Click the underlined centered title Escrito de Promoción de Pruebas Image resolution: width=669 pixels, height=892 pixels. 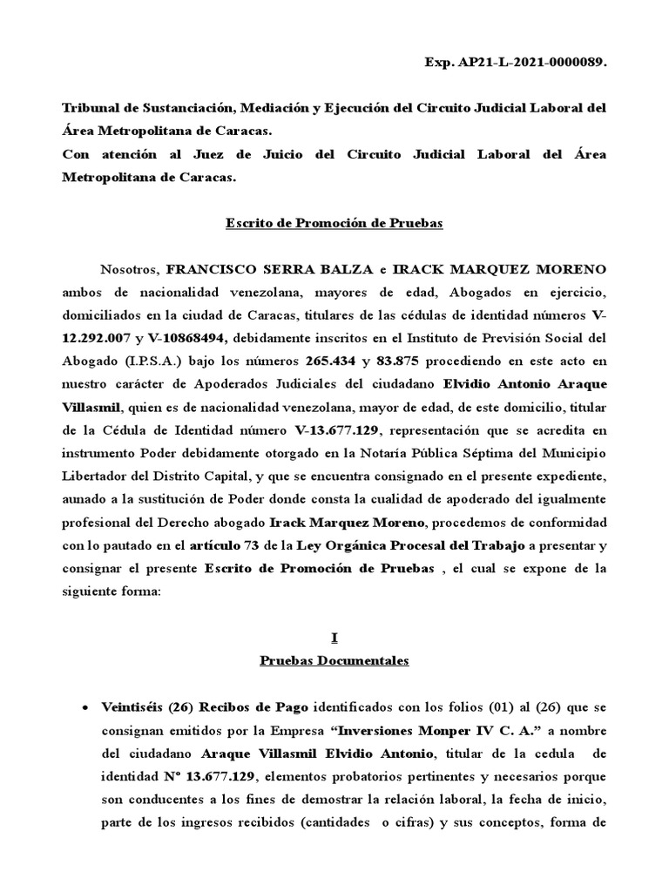334,223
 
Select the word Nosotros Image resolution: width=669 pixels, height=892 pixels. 129,267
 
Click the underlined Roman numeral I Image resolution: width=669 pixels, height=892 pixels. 334,638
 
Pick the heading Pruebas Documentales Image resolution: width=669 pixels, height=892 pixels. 334,660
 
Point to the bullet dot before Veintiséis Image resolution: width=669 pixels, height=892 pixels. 84,707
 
